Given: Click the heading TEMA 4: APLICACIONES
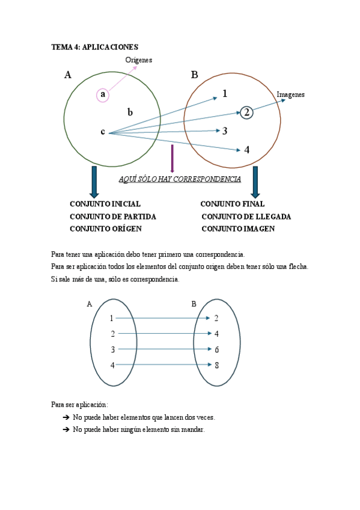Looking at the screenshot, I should click(x=95, y=46).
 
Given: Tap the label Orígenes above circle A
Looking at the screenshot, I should click(x=139, y=60).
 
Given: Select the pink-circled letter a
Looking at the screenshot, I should click(x=103, y=94).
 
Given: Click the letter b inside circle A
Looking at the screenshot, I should click(x=130, y=112).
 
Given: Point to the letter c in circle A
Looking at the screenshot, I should click(x=103, y=132).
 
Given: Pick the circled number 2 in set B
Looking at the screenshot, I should click(x=246, y=112).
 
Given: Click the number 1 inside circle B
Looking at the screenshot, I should click(x=225, y=93).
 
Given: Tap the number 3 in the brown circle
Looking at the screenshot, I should click(x=225, y=131).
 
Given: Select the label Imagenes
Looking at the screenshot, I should click(x=290, y=94).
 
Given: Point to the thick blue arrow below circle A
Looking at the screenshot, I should click(x=94, y=182).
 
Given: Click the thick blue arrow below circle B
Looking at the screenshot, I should click(x=255, y=182).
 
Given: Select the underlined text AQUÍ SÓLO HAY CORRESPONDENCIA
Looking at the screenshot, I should click(x=180, y=179).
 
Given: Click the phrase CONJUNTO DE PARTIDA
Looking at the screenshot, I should click(x=113, y=217).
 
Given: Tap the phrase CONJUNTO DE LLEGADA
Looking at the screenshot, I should click(x=246, y=217).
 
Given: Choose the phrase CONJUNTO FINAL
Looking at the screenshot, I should click(x=232, y=204).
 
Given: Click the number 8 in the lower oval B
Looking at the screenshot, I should click(x=216, y=365).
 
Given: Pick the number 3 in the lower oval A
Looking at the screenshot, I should click(x=112, y=349).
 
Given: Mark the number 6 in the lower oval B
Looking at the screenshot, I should click(x=216, y=349).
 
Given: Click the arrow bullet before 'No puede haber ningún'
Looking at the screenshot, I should click(x=66, y=430).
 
